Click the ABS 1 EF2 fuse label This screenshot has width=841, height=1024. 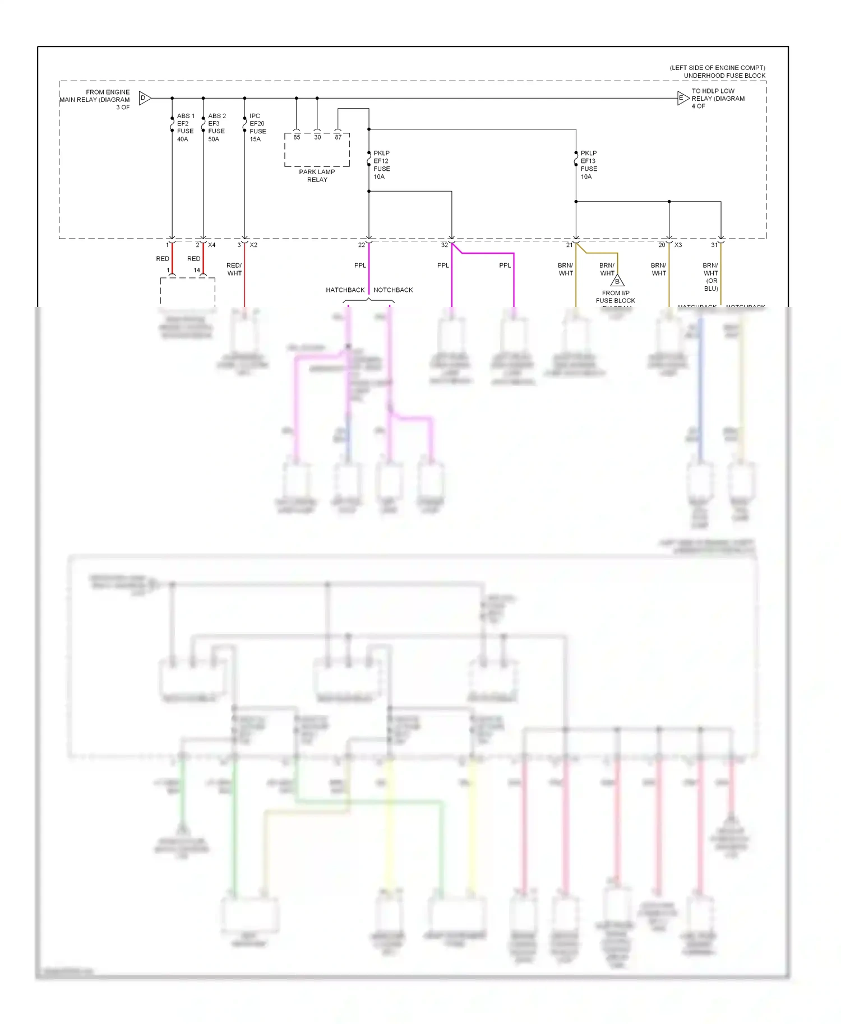click(x=185, y=127)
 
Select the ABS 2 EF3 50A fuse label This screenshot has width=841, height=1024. click(x=216, y=127)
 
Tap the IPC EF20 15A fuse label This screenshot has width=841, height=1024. click(x=257, y=127)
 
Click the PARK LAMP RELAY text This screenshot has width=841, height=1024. click(x=317, y=175)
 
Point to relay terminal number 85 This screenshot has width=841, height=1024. click(x=297, y=137)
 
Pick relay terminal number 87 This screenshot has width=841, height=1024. click(x=338, y=137)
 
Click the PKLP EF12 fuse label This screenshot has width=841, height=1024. click(x=381, y=165)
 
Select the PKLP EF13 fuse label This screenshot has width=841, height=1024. click(x=588, y=165)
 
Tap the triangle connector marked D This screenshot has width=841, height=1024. click(x=144, y=98)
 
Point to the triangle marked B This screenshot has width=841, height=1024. click(x=617, y=281)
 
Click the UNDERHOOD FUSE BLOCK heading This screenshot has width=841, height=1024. click(x=724, y=76)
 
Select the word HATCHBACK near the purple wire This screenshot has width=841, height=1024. click(x=345, y=290)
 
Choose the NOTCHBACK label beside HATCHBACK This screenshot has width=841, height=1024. click(x=393, y=290)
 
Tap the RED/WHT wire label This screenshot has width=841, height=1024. click(x=234, y=269)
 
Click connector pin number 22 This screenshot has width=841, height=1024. click(x=362, y=245)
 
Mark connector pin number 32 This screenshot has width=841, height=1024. click(x=444, y=245)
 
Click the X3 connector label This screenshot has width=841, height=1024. click(x=678, y=245)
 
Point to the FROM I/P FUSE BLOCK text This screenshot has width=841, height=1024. click(x=615, y=297)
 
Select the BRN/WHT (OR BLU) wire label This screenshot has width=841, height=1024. click(x=710, y=277)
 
